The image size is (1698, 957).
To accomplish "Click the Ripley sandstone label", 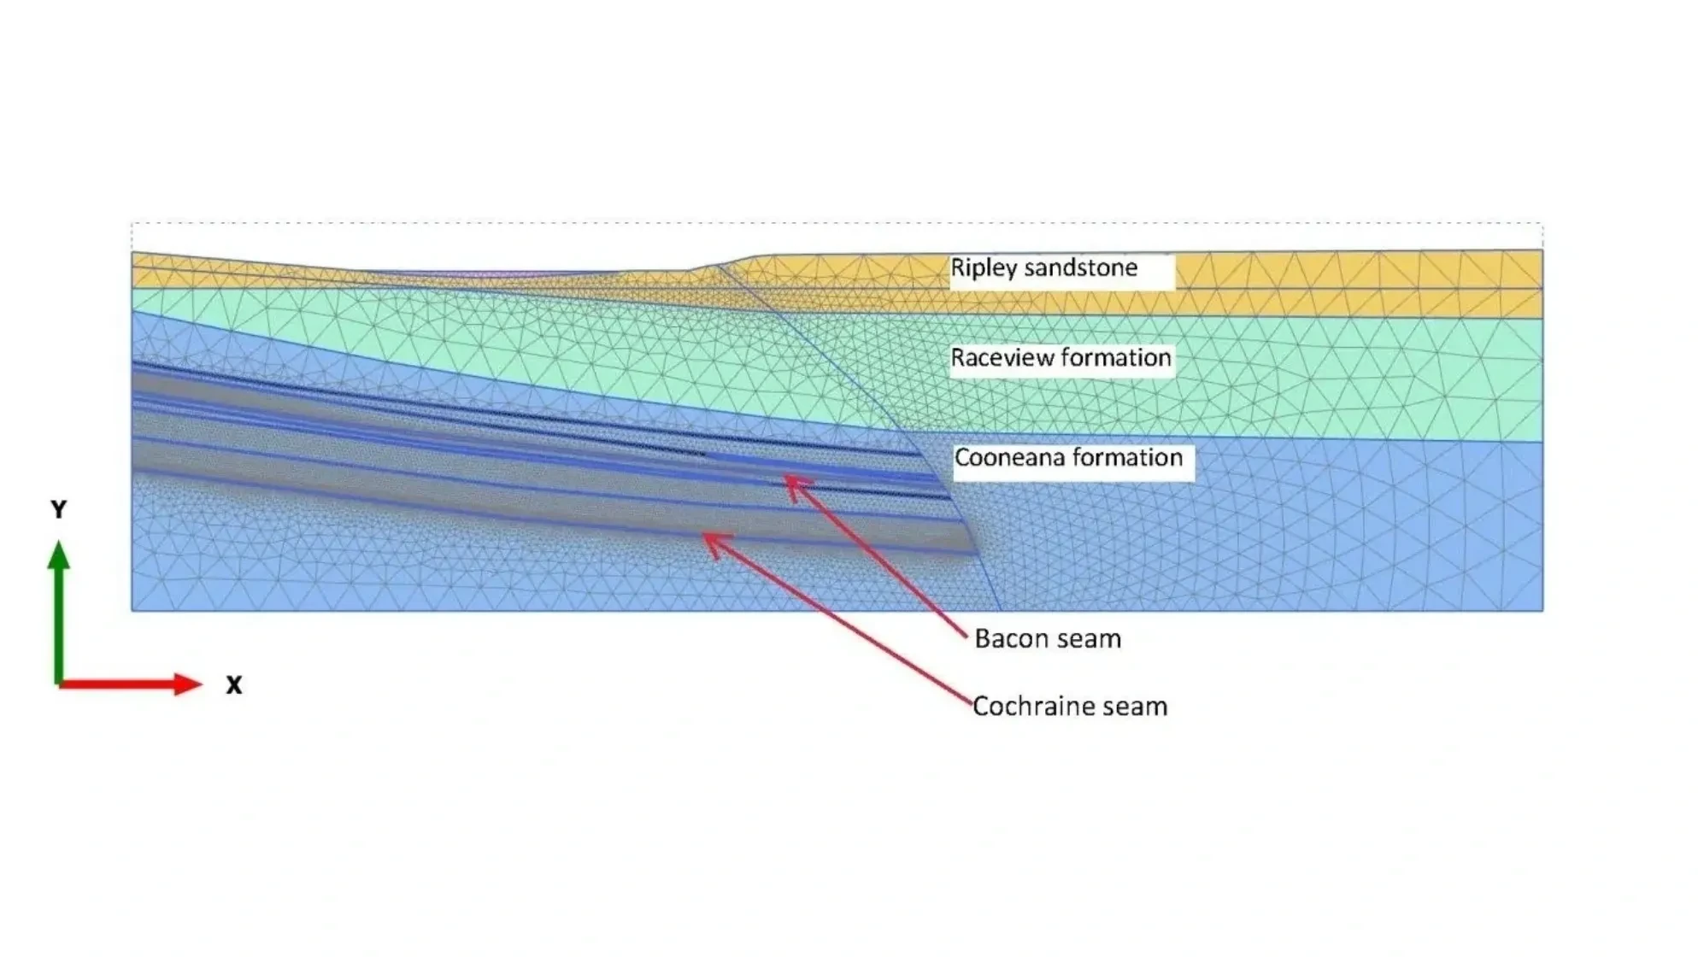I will click(x=1043, y=268).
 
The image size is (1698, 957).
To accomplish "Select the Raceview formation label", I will click(x=1061, y=358).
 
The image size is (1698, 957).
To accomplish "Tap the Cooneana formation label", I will click(x=1068, y=458).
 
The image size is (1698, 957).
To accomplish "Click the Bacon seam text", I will click(x=1048, y=639).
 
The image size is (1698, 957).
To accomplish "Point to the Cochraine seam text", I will click(x=1070, y=707).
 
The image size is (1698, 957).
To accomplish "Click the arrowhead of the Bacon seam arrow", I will click(x=790, y=481).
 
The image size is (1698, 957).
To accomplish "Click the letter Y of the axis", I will click(x=58, y=510).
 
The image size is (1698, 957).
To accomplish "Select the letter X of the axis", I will click(x=234, y=685).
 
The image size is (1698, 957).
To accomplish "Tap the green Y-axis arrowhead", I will click(x=58, y=555).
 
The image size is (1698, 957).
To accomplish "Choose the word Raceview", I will click(x=990, y=358).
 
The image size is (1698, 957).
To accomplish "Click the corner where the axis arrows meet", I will click(x=58, y=683).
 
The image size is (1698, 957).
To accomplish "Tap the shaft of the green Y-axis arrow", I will click(x=58, y=624).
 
